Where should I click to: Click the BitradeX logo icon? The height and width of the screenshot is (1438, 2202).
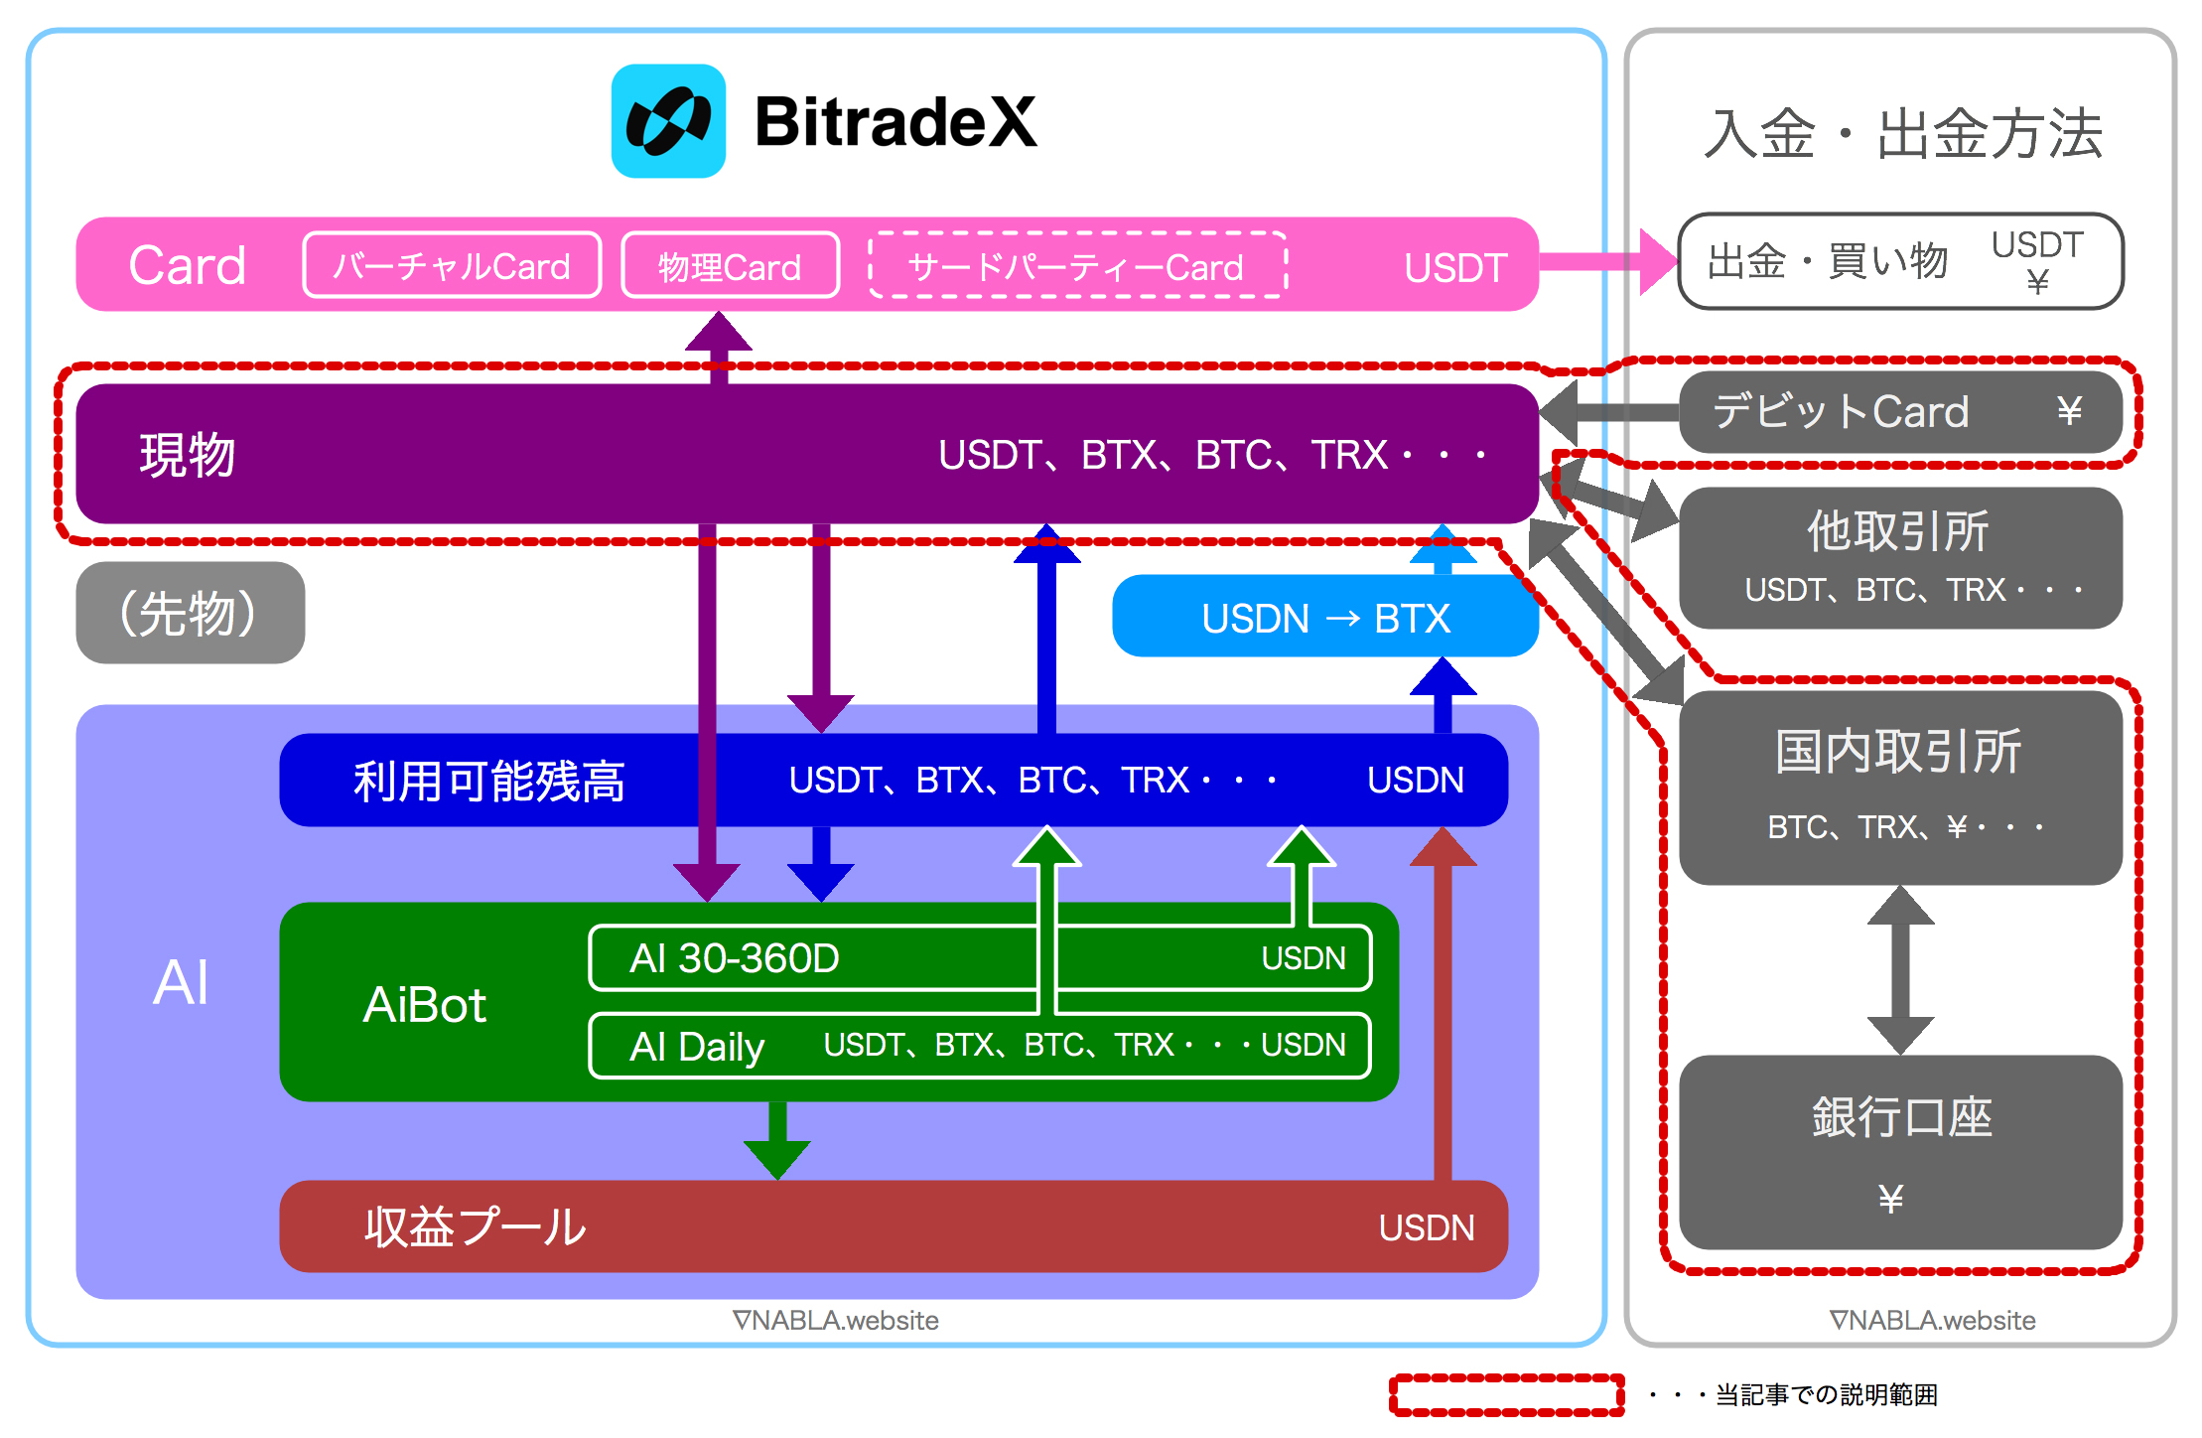[x=668, y=121]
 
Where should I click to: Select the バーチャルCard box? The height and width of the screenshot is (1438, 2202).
[x=452, y=265]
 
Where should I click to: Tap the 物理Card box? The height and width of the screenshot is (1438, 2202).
[x=730, y=265]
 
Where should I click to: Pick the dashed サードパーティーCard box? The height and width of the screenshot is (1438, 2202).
[x=1077, y=265]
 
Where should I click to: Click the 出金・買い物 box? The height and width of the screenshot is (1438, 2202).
[x=1899, y=261]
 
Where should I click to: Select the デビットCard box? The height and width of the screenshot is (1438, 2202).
[x=1899, y=411]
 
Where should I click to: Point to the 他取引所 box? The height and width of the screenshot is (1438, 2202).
[x=1899, y=557]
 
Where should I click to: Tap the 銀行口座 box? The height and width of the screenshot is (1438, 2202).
[x=1899, y=1152]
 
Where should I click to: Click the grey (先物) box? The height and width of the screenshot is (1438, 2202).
[x=190, y=613]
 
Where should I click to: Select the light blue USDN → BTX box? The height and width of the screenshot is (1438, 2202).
[x=1324, y=617]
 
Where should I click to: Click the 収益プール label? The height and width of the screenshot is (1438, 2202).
[x=475, y=1226]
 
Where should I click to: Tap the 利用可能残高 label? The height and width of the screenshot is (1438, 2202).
[x=488, y=781]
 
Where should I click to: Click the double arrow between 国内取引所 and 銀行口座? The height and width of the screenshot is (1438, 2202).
[x=1899, y=970]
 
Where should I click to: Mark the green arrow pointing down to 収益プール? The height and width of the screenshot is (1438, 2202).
[x=777, y=1140]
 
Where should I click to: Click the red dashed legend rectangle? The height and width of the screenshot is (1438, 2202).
[x=1506, y=1394]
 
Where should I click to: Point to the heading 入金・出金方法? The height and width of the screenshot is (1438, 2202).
[x=1901, y=133]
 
